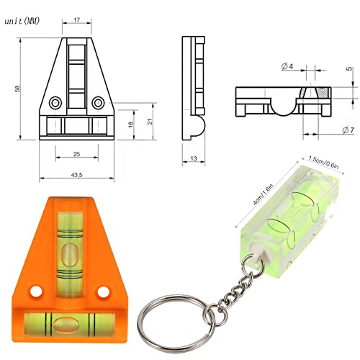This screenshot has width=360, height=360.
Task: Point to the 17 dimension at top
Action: point(76,20)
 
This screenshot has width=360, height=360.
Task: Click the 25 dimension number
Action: point(76,153)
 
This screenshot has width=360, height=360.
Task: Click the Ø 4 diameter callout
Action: point(287,67)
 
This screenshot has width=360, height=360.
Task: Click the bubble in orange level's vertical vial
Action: point(71,254)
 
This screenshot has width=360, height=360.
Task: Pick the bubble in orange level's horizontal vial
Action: point(71,322)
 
